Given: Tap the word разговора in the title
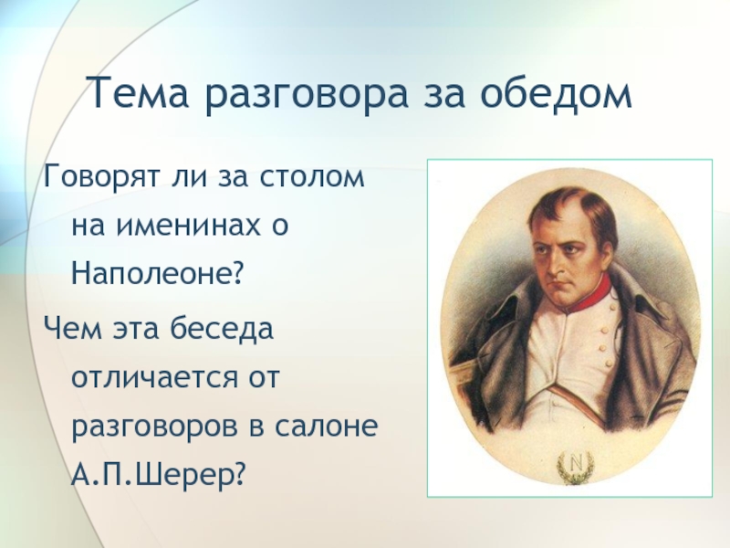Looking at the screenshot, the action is pyautogui.click(x=307, y=96).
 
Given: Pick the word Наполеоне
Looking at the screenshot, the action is pyautogui.click(x=158, y=271).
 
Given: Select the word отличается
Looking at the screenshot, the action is pyautogui.click(x=153, y=376).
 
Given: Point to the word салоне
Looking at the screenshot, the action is pyautogui.click(x=325, y=426).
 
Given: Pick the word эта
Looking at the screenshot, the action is pyautogui.click(x=135, y=329).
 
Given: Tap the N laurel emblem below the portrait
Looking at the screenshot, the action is pyautogui.click(x=576, y=467).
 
